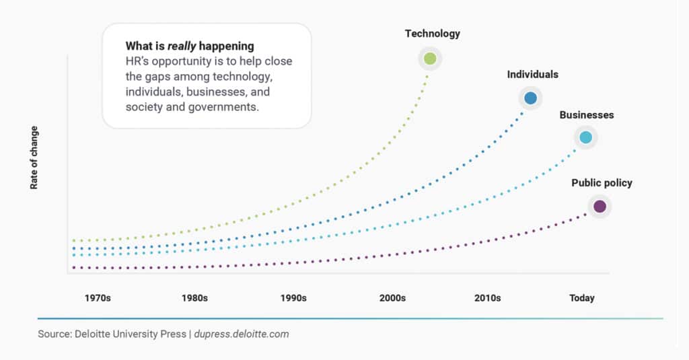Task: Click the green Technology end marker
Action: (x=431, y=59)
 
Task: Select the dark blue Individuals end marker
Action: (x=530, y=98)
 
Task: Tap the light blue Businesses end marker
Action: (x=585, y=137)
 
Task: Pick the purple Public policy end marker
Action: (x=599, y=206)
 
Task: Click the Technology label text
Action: (x=432, y=34)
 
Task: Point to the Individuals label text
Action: (x=532, y=75)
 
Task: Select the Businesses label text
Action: (x=587, y=115)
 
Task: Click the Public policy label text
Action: (x=602, y=183)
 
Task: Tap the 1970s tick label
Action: (x=98, y=298)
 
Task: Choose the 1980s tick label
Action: (x=194, y=298)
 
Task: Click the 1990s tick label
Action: (x=293, y=298)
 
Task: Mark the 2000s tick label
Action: (x=392, y=298)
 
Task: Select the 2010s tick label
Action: (x=487, y=298)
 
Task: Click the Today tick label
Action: (x=582, y=298)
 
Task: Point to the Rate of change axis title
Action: (x=34, y=157)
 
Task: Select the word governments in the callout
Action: (x=225, y=107)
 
